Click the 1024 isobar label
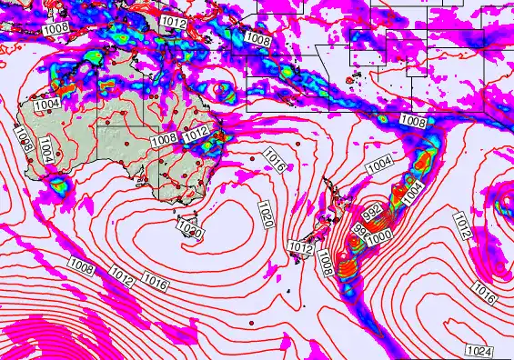[x=479, y=351]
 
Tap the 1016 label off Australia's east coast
[x=274, y=162]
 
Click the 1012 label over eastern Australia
[x=197, y=135]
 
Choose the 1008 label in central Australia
[x=164, y=139]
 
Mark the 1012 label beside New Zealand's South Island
[x=300, y=246]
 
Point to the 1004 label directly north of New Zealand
[x=379, y=165]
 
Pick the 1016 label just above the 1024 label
[x=484, y=293]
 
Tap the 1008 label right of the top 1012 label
[x=258, y=40]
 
